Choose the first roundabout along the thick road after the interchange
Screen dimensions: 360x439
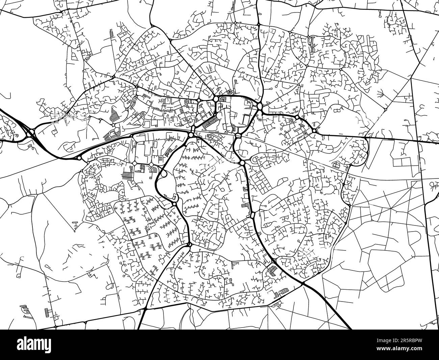[x=79, y=158]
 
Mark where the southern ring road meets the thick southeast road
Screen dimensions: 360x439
[x=303, y=282]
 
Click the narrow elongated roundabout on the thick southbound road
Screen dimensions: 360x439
[x=252, y=215]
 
